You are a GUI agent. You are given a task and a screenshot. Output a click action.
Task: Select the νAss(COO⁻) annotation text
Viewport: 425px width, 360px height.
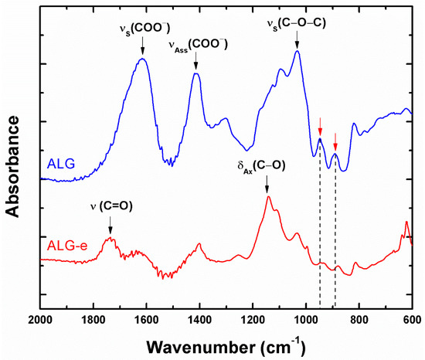click(198, 46)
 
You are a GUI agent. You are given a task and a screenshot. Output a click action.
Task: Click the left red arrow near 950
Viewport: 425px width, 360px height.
click(320, 127)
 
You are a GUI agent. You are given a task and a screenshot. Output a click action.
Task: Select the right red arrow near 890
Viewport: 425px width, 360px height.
click(335, 142)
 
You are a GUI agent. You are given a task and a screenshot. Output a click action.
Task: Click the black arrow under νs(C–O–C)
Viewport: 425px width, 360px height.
click(297, 42)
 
